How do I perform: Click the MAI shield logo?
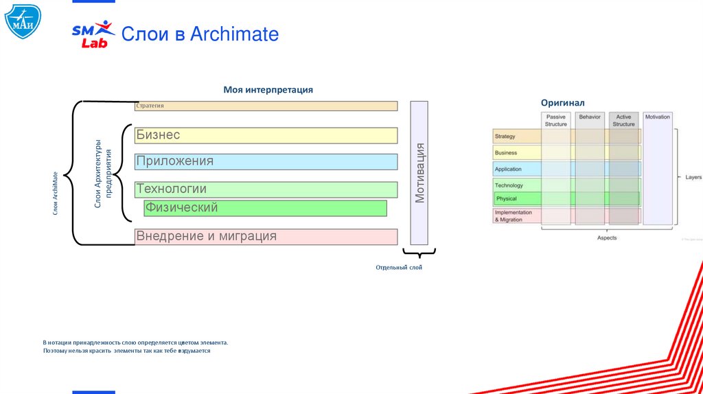(x=22, y=21)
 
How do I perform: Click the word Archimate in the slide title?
(x=234, y=34)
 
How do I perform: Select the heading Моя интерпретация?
(x=268, y=90)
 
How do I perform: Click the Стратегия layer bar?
(x=266, y=106)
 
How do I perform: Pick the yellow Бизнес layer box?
(x=266, y=135)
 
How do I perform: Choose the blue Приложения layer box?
(x=266, y=162)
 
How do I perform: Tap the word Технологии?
(x=171, y=189)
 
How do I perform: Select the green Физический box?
(x=265, y=208)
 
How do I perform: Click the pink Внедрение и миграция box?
(x=266, y=237)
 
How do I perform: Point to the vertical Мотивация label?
(x=419, y=173)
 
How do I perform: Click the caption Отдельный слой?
(x=399, y=268)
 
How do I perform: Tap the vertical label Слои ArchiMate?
(x=56, y=194)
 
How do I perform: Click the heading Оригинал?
(x=562, y=103)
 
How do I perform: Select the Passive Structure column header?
(x=556, y=120)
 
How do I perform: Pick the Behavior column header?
(x=590, y=117)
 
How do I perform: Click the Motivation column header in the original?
(x=657, y=117)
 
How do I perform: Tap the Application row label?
(x=508, y=169)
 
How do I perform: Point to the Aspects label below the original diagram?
(x=607, y=238)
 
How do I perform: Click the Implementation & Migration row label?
(x=514, y=216)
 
